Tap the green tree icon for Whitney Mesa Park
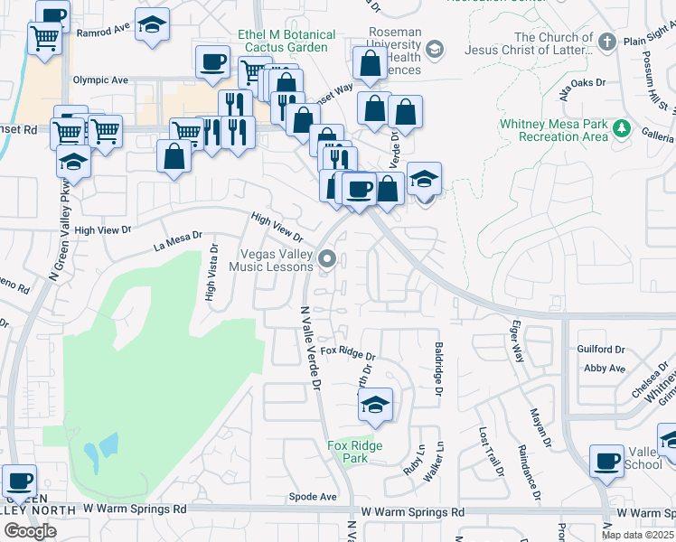[621, 127]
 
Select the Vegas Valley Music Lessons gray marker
[328, 260]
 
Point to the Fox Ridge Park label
[354, 452]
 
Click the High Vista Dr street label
[211, 272]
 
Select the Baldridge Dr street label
[438, 368]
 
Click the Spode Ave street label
[313, 497]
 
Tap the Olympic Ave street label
[100, 79]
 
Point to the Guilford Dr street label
[601, 349]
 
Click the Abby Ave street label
[605, 369]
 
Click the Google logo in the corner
[30, 531]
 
